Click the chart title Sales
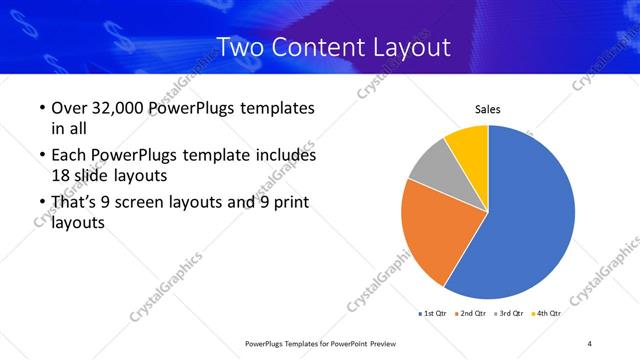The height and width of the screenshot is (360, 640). click(487, 109)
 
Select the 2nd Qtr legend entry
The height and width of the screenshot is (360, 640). click(473, 313)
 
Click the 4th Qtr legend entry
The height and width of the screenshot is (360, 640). click(547, 313)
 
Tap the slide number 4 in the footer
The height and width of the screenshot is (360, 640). click(590, 344)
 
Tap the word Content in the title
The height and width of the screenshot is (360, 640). click(318, 47)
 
